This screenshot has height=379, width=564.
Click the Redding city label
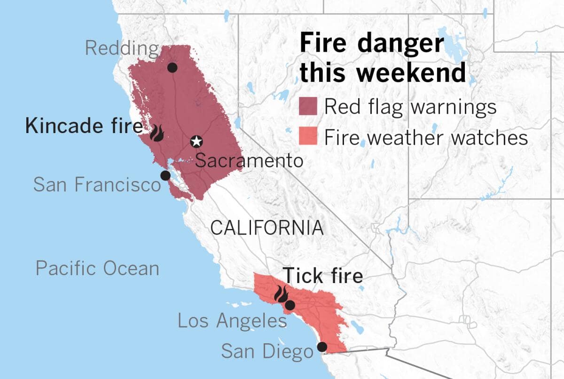[x=122, y=48]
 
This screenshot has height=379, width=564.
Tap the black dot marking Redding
[x=172, y=68]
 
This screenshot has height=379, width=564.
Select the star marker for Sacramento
[x=196, y=141]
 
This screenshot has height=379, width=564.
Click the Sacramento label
[x=249, y=161]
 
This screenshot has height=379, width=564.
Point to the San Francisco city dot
[x=165, y=175]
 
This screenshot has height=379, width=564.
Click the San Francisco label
[x=97, y=184]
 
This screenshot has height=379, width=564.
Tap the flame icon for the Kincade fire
[x=157, y=133]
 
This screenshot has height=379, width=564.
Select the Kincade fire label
[x=84, y=126]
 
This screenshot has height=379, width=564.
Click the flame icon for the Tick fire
[x=281, y=294]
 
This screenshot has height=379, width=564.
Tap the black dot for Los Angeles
[x=290, y=305]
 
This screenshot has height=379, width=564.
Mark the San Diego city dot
[x=322, y=347]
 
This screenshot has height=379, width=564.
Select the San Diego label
[x=266, y=351]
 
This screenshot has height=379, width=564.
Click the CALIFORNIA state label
[x=266, y=228]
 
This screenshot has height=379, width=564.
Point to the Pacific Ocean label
[x=97, y=268]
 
